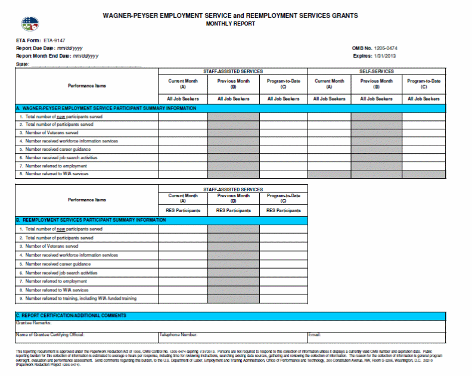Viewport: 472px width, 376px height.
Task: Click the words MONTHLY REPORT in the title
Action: (230, 24)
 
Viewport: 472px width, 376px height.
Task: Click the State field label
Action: (23, 64)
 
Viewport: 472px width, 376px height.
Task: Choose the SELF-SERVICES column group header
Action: (377, 72)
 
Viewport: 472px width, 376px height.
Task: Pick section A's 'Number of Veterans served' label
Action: (51, 133)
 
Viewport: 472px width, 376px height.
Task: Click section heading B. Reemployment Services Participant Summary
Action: (91, 220)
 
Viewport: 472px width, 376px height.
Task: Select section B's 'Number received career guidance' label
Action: (58, 263)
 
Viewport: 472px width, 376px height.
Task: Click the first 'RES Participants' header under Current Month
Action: (183, 210)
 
